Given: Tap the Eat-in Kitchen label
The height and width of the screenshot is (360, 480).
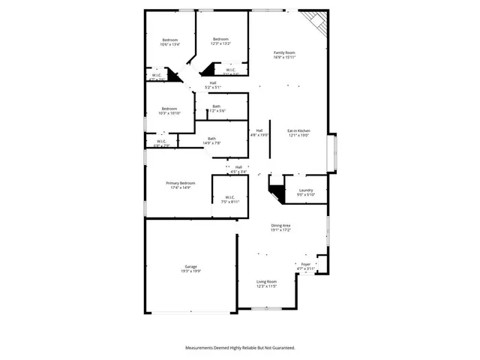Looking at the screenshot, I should tap(298, 131).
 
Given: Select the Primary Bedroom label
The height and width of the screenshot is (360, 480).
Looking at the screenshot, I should tap(181, 183).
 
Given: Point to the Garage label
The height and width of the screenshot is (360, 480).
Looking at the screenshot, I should tap(191, 266).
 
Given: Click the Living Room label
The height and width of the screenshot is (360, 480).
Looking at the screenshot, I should tap(267, 281).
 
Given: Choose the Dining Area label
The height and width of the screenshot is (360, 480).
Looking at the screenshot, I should tap(281, 226).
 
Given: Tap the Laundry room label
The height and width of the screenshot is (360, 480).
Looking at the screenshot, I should tap(305, 190).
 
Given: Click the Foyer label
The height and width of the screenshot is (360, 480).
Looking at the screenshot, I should tap(306, 264).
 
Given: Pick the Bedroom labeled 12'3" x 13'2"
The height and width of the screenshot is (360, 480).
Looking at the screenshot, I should tap(220, 39).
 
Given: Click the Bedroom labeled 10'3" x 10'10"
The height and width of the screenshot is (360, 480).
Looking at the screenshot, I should tap(169, 108).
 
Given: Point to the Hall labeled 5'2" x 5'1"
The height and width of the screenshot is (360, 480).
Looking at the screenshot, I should tap(213, 83).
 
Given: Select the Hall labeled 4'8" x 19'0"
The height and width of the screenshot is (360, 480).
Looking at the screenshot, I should tap(259, 130).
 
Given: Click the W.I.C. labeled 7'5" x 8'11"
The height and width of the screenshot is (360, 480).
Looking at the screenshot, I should tap(230, 197).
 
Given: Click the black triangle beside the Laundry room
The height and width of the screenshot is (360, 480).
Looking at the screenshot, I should tap(277, 192).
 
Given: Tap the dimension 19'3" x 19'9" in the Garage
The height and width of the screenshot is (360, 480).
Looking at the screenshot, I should tap(191, 271).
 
